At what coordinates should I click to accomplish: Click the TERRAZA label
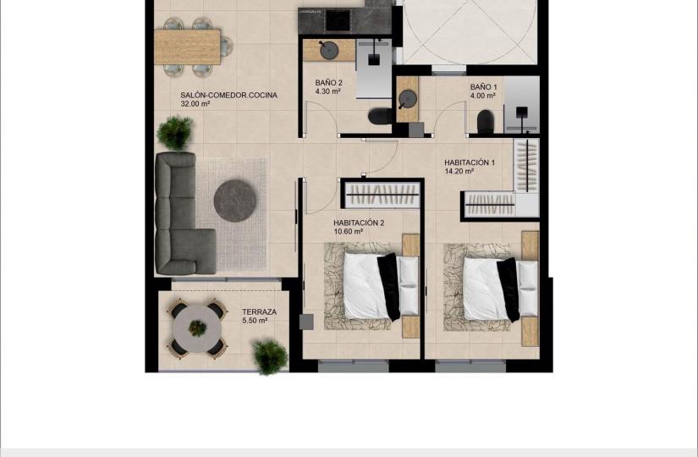(259, 311)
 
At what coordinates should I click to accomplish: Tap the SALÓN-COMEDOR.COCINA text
(228, 95)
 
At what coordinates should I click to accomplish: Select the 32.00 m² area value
(195, 104)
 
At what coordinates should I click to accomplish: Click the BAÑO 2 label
(328, 83)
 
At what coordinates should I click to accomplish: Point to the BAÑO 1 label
(483, 87)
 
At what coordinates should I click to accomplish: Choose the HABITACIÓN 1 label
(470, 162)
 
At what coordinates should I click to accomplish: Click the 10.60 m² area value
(348, 232)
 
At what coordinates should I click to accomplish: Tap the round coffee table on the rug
(235, 201)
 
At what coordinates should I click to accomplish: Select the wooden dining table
(188, 47)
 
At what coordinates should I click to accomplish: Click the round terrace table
(197, 328)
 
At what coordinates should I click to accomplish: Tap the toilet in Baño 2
(380, 117)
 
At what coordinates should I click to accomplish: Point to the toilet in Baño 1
(486, 122)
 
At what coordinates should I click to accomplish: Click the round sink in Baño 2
(329, 50)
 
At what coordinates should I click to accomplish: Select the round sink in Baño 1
(407, 99)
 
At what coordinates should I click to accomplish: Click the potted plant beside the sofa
(175, 132)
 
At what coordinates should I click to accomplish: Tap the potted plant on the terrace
(270, 356)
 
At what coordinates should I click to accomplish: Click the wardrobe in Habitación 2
(382, 195)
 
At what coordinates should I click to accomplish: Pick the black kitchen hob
(338, 20)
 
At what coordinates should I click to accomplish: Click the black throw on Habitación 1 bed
(508, 289)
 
